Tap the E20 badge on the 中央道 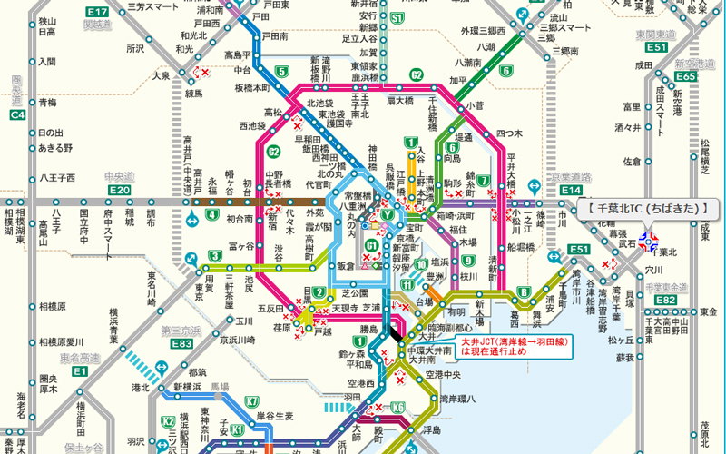[x=119, y=189]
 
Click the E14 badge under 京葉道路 [x=571, y=189]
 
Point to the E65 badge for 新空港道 [x=686, y=76]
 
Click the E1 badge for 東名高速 [x=80, y=371]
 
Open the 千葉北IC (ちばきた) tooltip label [x=647, y=209]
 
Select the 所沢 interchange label [x=135, y=48]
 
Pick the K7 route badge [x=251, y=400]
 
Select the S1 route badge [x=397, y=16]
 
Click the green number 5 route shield [x=282, y=72]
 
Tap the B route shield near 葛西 [x=524, y=291]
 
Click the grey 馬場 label [x=220, y=386]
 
